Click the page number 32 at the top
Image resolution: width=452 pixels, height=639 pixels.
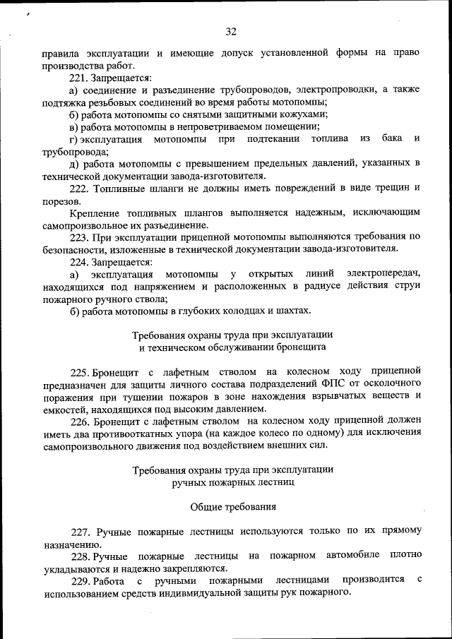point(230,32)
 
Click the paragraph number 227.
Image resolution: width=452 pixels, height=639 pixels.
point(82,530)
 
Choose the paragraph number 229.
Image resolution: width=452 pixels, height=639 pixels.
point(82,580)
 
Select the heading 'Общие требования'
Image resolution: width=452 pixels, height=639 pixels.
point(233,506)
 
